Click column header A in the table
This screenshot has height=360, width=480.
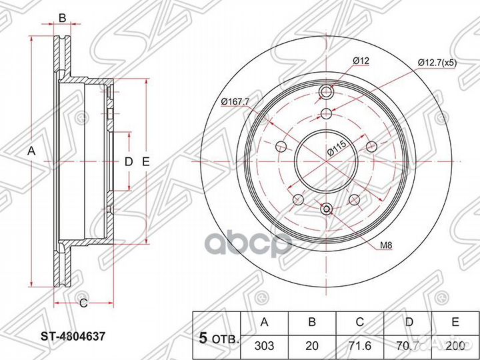tap(264, 322)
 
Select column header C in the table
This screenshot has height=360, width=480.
tap(359, 322)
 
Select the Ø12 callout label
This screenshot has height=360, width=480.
tap(361, 62)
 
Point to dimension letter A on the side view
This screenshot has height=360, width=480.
tap(30, 151)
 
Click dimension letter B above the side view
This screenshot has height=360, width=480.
tap(62, 18)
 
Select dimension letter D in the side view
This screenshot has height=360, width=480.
tap(129, 161)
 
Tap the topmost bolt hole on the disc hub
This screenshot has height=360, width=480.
tap(326, 92)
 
